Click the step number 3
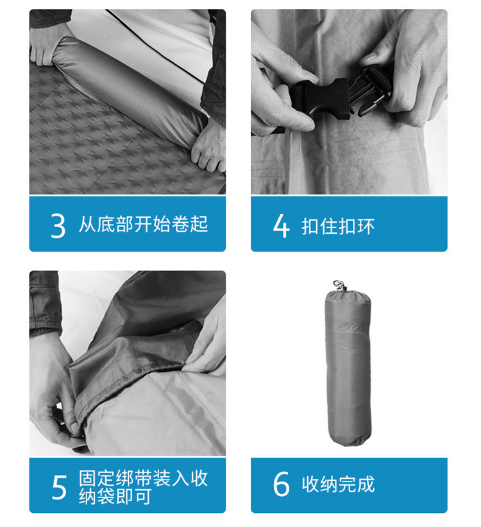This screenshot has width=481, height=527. click(58, 226)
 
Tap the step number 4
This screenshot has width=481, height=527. click(281, 226)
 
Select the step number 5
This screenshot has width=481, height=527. click(59, 487)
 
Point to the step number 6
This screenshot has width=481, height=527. click(281, 484)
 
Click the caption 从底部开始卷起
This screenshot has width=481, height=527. click(144, 224)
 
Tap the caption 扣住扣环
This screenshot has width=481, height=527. click(338, 226)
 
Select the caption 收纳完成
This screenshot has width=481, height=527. click(338, 485)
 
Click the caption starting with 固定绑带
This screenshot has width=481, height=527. click(144, 487)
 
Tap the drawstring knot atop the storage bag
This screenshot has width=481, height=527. click(340, 286)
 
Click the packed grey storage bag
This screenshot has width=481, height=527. click(348, 367)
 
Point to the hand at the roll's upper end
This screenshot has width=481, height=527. click(47, 47)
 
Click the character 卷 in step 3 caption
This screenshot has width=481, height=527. click(180, 224)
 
